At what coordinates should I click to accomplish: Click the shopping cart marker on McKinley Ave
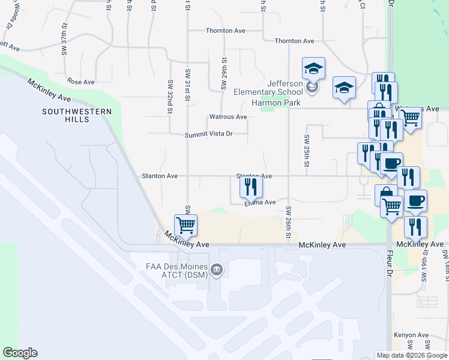186,226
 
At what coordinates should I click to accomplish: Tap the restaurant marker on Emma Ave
251,187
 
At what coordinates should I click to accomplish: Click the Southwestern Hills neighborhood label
68,115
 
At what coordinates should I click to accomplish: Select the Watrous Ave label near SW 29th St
228,116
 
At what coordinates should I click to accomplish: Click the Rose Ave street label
81,82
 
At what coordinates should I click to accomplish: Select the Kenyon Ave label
411,335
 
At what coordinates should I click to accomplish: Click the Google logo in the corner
20,353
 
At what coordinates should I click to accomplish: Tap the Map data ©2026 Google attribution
411,355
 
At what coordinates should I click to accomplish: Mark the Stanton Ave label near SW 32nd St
159,176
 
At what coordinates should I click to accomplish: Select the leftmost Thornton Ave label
225,30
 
